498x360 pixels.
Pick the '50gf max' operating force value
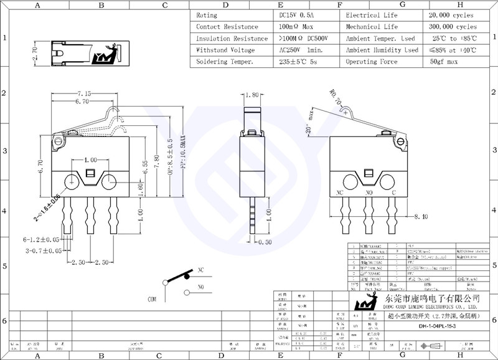tap(444, 62)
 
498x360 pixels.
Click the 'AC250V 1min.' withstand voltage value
tap(301, 50)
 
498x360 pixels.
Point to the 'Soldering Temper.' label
tap(225, 62)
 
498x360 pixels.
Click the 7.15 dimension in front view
tap(83, 94)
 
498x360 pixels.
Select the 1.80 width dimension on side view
tap(252, 95)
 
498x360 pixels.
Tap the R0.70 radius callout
tap(338, 101)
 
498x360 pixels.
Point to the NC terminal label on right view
tap(341, 192)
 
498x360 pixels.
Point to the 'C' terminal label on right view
tap(393, 192)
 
